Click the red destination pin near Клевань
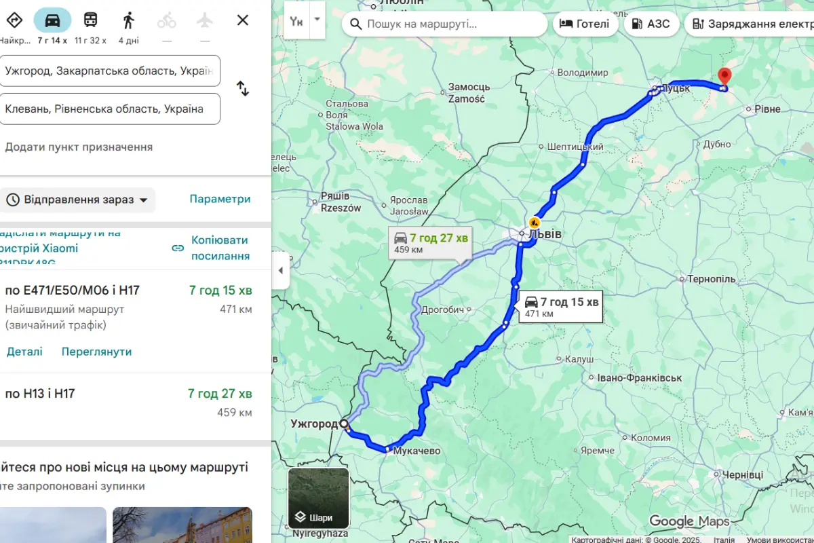pos(724,77)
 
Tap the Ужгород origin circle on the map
pos(344,424)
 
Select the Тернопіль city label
pos(711,279)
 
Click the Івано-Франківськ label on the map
pos(639,377)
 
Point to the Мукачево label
pos(416,451)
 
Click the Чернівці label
pos(742,475)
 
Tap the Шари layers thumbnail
pos(319,498)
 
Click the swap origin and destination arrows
pos(243,88)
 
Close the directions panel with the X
pos(243,20)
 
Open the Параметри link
pos(220,199)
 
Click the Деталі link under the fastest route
pos(24,352)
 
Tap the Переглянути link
pos(96,352)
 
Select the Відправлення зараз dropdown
pos(77,200)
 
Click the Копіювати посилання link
pos(220,248)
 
